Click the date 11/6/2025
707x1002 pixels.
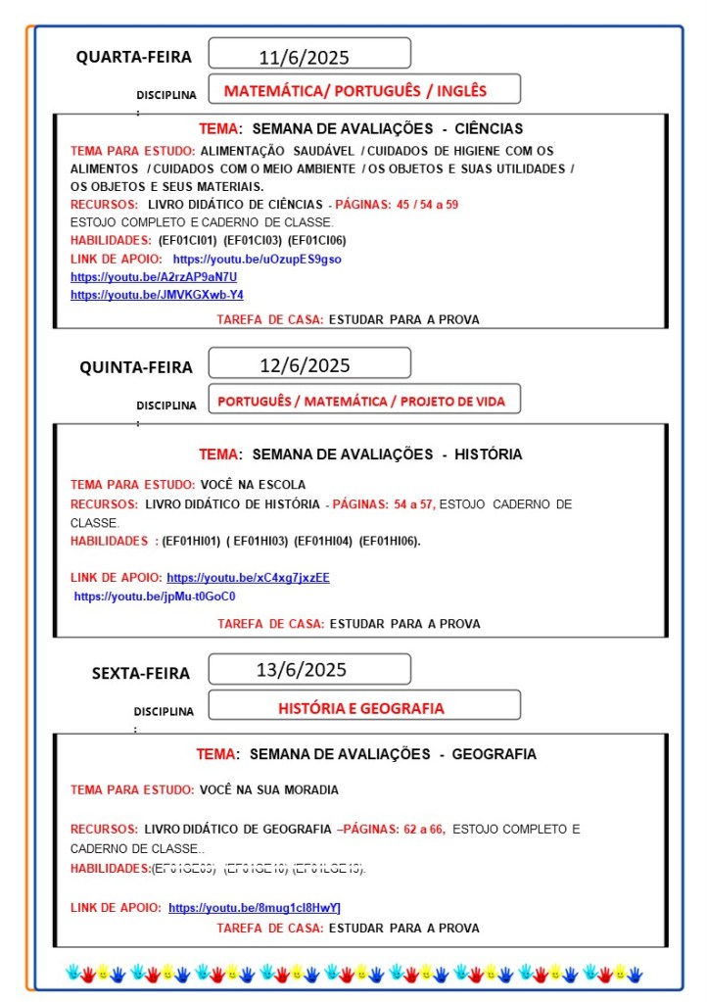click(304, 57)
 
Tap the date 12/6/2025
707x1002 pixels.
click(305, 365)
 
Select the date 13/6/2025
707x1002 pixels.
click(302, 670)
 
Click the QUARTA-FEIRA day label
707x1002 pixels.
click(134, 57)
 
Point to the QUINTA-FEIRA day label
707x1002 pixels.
click(136, 367)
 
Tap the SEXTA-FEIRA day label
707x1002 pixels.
click(141, 673)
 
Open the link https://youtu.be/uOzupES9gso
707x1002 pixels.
click(258, 259)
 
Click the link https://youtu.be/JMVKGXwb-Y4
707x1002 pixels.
click(157, 294)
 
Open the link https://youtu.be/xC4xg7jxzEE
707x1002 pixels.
click(248, 578)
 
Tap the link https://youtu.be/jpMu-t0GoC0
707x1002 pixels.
click(155, 596)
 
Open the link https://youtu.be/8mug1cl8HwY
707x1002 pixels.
click(255, 908)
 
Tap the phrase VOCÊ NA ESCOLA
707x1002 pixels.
click(253, 484)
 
